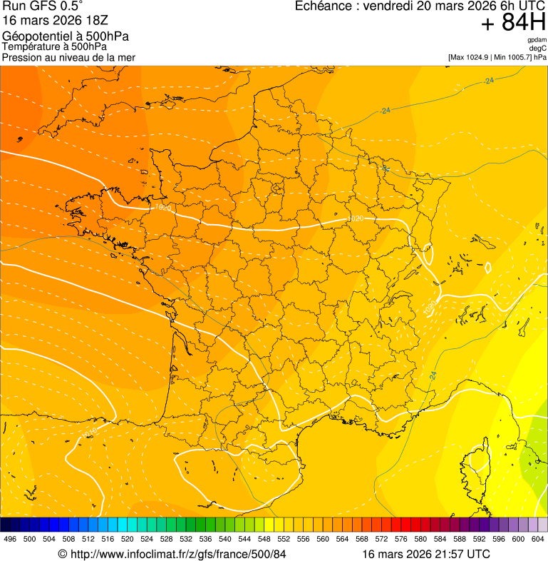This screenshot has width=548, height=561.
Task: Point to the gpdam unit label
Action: click(x=537, y=40)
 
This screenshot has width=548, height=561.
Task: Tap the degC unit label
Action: click(x=538, y=49)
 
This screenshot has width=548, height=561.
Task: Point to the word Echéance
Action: click(x=324, y=6)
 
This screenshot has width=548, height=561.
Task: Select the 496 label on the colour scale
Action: click(x=10, y=539)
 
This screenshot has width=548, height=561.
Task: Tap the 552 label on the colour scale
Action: click(x=284, y=539)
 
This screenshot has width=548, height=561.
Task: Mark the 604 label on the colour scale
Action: click(x=537, y=539)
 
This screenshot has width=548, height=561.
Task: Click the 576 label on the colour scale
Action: click(x=401, y=539)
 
